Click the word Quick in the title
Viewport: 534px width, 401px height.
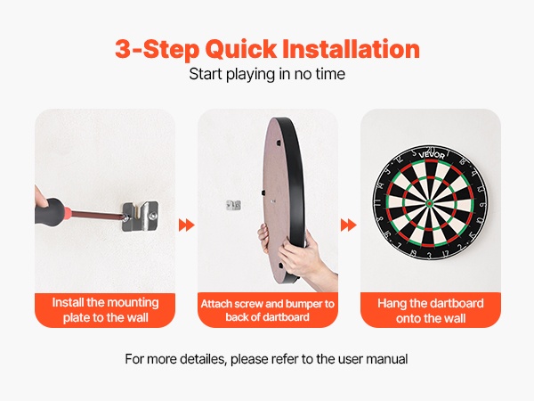pos(241,50)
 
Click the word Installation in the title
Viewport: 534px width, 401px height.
pos(352,49)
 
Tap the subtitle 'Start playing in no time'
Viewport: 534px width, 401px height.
pos(267,74)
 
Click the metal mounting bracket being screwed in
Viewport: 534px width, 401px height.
pos(140,217)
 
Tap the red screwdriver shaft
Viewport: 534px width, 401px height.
pos(95,214)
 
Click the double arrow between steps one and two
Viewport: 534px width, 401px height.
pos(187,225)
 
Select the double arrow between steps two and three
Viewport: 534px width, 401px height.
pos(348,225)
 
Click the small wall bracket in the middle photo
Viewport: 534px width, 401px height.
pos(233,205)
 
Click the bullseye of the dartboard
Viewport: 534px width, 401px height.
pos(430,203)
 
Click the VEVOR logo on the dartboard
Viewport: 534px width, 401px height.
pos(432,155)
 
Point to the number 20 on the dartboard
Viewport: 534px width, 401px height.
pos(431,150)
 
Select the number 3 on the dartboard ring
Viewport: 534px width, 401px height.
pos(429,256)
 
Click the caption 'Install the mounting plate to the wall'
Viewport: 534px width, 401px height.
pos(105,310)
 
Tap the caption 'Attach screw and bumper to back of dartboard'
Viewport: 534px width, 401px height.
pos(267,310)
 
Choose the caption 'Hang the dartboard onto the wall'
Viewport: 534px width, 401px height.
pos(431,311)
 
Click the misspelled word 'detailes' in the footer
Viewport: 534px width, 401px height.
pos(203,359)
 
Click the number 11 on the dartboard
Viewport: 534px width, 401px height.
pos(377,202)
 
